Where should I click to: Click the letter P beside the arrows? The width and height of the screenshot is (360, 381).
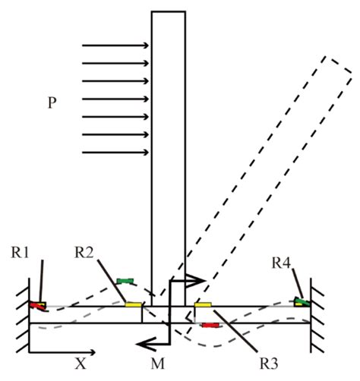coord(52,102)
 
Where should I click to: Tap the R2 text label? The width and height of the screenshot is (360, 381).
coord(86,250)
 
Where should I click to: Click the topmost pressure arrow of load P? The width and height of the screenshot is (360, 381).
coord(115,46)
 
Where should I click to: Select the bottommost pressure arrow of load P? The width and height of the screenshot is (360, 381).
coord(115,153)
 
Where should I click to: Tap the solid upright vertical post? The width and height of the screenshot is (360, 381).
coord(168,152)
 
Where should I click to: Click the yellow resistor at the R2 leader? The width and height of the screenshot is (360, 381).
coord(134,304)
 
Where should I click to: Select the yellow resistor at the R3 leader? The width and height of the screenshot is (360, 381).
coord(204,304)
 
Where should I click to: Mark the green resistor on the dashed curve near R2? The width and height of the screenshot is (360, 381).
coord(126,282)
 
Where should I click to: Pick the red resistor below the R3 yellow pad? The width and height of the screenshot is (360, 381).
coord(210,325)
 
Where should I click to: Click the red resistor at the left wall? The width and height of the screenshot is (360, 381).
coord(37,306)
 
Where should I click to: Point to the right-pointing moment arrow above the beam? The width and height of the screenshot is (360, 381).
coord(186,280)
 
